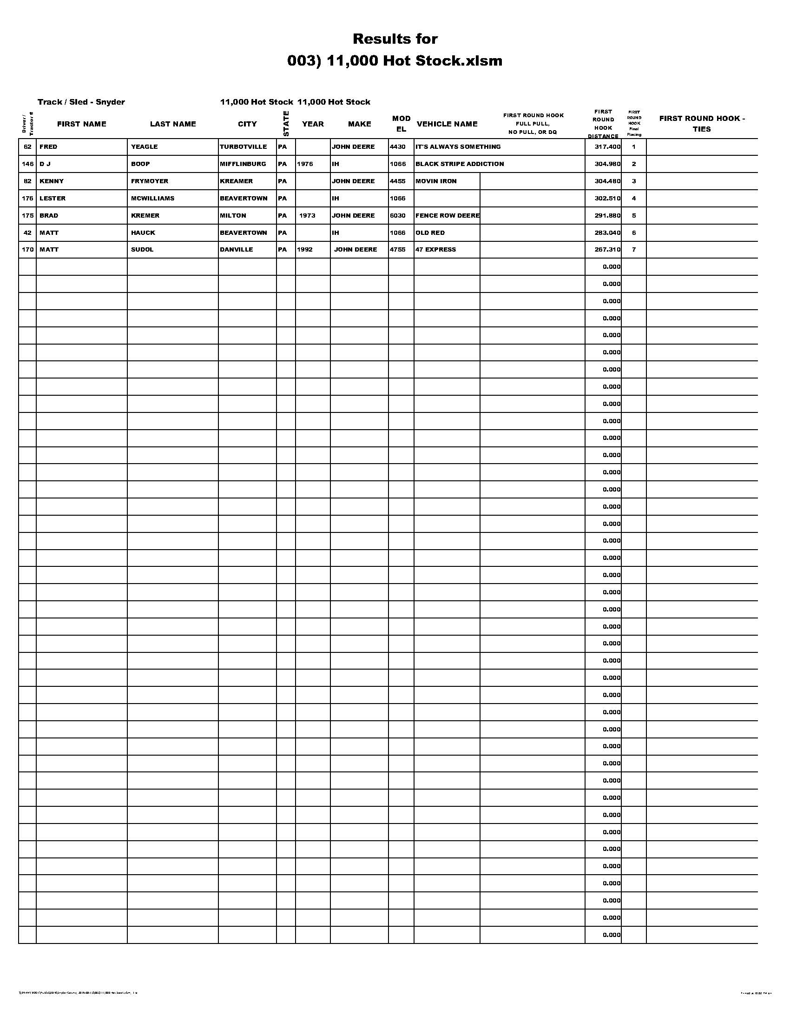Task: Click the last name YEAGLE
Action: coord(144,146)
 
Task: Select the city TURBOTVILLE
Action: coord(244,146)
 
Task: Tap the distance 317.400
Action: coord(607,146)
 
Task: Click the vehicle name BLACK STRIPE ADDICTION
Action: coord(460,164)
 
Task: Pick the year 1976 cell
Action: coord(305,164)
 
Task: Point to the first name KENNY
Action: coord(52,181)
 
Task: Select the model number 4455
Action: coord(398,181)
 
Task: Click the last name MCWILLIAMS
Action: coord(152,199)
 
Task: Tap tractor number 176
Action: coord(27,199)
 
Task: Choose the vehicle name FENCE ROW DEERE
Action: coord(448,215)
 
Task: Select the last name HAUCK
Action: coord(143,233)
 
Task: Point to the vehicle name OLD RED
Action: coord(430,233)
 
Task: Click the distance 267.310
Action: coord(607,250)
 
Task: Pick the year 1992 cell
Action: coord(305,250)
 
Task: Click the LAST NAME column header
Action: coord(173,124)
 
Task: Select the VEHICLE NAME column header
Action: coord(447,124)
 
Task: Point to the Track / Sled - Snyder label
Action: coord(81,102)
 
